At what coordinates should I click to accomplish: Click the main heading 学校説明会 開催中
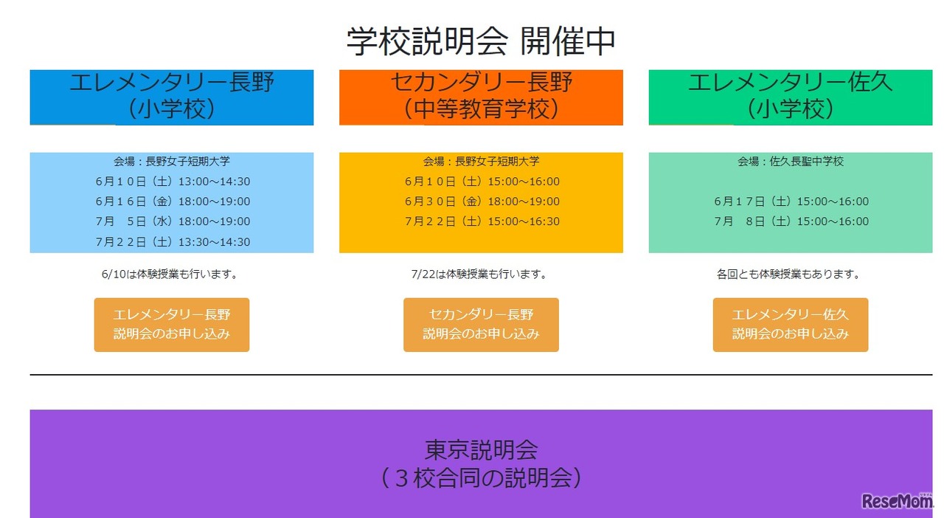[481, 41]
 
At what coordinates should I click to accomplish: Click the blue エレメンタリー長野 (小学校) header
[172, 97]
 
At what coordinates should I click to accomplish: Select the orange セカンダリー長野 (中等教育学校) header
[481, 97]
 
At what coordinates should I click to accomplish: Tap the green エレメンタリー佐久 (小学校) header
[790, 97]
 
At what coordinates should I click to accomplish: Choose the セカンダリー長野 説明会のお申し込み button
[481, 325]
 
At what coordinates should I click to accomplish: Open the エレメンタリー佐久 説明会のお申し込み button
[790, 325]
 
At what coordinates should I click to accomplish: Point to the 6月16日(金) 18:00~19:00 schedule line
[173, 201]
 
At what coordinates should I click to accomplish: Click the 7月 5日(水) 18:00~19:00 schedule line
[173, 221]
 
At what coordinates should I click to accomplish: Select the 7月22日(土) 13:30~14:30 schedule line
[173, 242]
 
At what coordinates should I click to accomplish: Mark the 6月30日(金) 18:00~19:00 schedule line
[482, 201]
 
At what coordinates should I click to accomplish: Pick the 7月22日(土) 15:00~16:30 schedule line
[482, 221]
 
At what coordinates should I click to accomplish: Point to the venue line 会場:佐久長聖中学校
[791, 162]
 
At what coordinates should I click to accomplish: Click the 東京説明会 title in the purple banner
[481, 449]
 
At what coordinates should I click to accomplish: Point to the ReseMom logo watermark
[897, 501]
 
